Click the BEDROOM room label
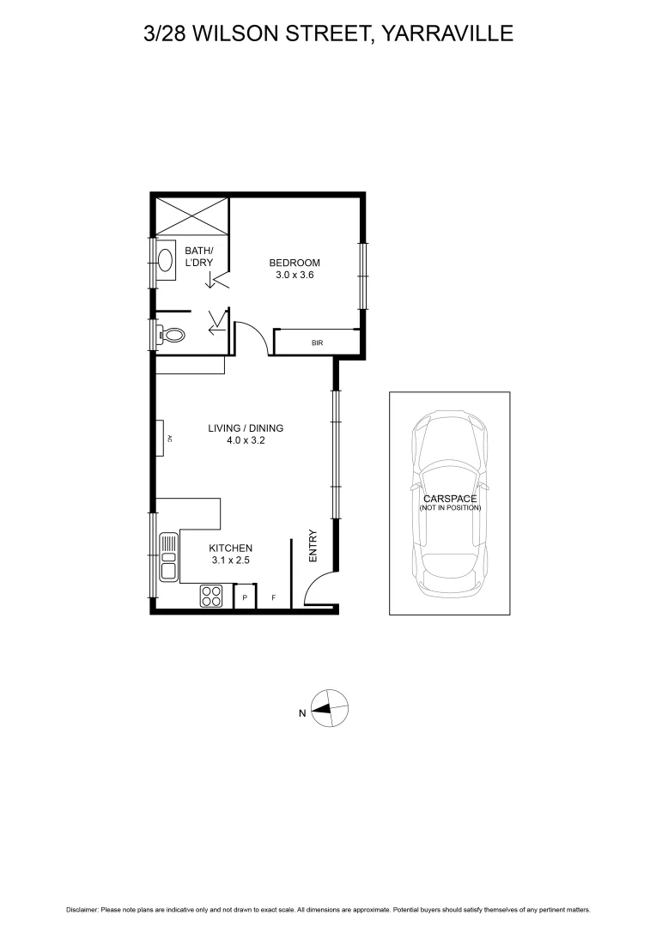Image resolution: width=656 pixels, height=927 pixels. [295, 263]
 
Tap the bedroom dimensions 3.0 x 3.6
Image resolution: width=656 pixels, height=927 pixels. [295, 276]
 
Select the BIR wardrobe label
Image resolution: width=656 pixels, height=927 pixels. [317, 343]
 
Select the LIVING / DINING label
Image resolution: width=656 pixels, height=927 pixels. [246, 428]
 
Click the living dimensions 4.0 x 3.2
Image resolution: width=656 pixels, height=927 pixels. [246, 441]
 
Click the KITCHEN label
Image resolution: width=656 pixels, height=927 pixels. [231, 548]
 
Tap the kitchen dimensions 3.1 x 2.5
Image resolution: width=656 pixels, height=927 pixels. [231, 560]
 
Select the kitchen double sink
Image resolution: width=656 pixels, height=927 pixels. [168, 557]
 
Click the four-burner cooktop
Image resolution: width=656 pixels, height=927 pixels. [211, 595]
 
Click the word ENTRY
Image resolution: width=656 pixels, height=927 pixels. [313, 545]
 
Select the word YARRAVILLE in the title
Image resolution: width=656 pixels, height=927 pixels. [446, 33]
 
